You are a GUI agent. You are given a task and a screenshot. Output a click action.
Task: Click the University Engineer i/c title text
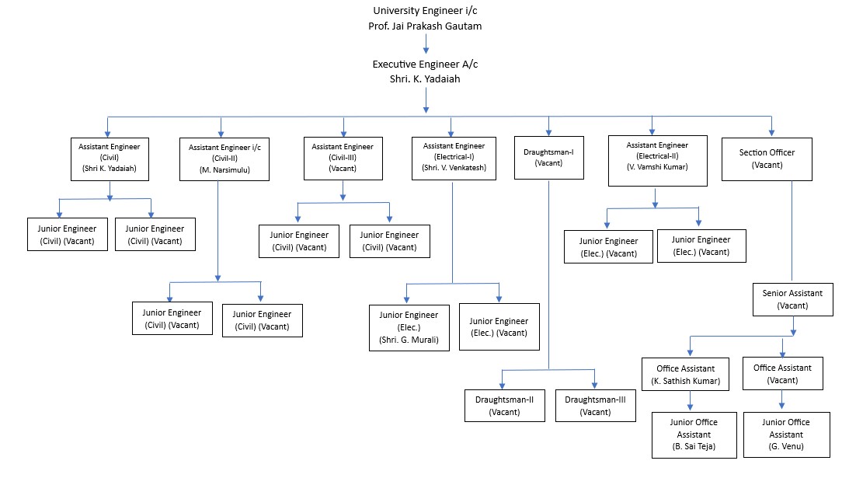coord(425,10)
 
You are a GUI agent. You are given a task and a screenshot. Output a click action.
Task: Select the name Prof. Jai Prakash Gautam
coord(425,26)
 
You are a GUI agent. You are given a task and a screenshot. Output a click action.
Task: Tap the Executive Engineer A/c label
coord(425,64)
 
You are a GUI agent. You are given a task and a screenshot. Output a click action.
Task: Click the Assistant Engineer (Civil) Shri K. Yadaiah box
coord(110,159)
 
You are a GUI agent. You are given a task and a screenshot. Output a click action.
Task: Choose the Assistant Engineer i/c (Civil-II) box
coord(224,159)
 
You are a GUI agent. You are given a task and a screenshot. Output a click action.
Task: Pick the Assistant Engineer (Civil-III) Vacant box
coord(343,159)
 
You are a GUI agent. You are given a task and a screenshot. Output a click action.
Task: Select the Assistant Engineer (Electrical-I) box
coord(454,159)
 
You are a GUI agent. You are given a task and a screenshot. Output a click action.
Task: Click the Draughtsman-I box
coord(549,158)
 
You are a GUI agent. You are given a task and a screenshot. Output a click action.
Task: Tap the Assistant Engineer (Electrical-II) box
coord(658,161)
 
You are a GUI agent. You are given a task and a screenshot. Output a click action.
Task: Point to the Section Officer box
coord(767,159)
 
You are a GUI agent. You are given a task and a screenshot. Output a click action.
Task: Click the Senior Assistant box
coord(793,300)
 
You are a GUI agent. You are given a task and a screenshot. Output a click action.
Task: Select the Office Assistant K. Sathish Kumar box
coord(685,374)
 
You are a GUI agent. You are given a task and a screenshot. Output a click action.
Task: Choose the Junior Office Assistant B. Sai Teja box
coord(694,435)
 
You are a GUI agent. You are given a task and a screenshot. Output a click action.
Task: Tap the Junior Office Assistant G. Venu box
coord(787,434)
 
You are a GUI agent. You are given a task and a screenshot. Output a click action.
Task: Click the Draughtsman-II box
coord(505,405)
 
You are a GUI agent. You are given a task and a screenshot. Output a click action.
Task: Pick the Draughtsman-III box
coord(596,405)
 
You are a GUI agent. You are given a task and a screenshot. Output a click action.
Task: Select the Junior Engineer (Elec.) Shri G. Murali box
coord(409,328)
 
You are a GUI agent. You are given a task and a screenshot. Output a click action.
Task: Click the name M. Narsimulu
coord(224,170)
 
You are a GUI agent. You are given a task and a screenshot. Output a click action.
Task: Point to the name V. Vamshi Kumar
coord(658,167)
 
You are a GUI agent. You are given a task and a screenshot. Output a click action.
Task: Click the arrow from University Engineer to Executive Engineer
coord(426,44)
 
